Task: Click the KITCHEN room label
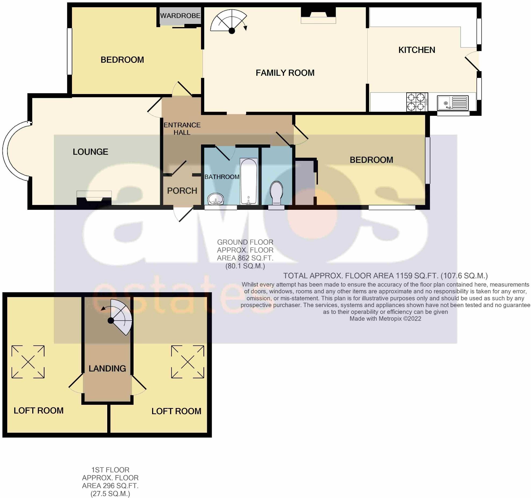417,50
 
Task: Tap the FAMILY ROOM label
285,73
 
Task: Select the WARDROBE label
180,16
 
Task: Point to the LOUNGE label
90,152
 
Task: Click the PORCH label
182,191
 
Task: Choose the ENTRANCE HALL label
182,129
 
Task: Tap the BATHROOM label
222,177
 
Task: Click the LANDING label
107,368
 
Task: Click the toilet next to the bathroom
277,193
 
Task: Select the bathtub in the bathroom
249,181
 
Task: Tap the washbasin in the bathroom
216,199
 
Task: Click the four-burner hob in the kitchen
417,102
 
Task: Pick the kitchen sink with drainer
453,103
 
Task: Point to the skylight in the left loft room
28,362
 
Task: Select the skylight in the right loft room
188,362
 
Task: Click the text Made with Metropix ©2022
385,319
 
